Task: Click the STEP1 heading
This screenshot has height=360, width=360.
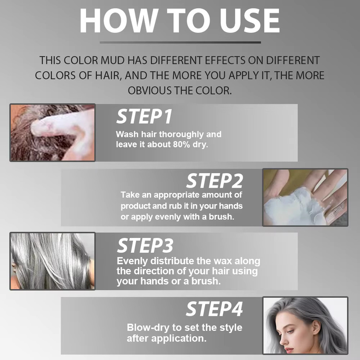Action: tap(144, 117)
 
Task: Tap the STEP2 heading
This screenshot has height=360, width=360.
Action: tap(214, 181)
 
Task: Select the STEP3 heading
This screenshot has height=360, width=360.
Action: tap(145, 246)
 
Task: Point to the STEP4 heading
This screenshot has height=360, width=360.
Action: tap(214, 309)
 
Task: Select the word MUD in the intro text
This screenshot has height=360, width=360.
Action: tap(113, 60)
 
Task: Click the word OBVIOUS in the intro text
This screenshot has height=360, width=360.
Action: tap(150, 91)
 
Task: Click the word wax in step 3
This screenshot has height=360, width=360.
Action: tap(223, 261)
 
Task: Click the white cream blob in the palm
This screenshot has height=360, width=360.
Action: tap(292, 207)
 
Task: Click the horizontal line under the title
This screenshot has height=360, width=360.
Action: tap(180, 42)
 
